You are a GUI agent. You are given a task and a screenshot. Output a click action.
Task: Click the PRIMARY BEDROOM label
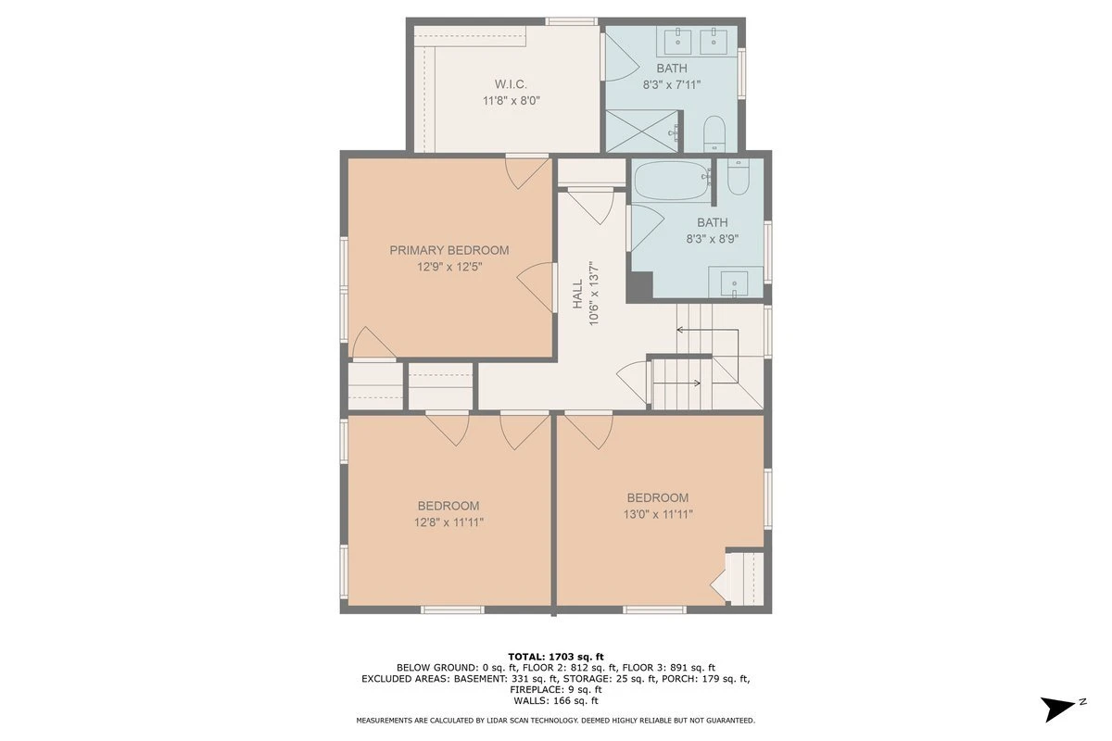pyautogui.click(x=449, y=250)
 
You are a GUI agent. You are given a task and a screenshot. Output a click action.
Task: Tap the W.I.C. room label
pyautogui.click(x=511, y=84)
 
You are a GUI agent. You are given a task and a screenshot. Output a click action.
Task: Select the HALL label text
pyautogui.click(x=578, y=294)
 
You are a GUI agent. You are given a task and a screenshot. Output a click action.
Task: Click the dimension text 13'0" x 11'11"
pyautogui.click(x=658, y=514)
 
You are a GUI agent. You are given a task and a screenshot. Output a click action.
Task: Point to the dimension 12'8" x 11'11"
pyautogui.click(x=449, y=522)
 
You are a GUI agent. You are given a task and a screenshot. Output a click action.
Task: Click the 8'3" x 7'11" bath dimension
pyautogui.click(x=672, y=85)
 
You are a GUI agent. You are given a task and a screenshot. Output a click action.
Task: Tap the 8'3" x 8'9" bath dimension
pyautogui.click(x=713, y=239)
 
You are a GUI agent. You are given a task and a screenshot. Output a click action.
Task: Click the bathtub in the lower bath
pyautogui.click(x=672, y=181)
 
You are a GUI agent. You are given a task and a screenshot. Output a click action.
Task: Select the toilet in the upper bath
pyautogui.click(x=714, y=134)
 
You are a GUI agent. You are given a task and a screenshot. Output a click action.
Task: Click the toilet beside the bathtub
pyautogui.click(x=738, y=177)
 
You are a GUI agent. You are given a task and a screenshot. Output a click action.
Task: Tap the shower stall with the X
pyautogui.click(x=642, y=131)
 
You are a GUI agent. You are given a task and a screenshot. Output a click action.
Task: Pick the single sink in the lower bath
pyautogui.click(x=734, y=283)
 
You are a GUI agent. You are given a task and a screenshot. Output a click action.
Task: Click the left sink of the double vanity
pyautogui.click(x=677, y=41)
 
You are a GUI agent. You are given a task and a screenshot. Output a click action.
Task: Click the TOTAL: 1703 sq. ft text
pyautogui.click(x=555, y=657)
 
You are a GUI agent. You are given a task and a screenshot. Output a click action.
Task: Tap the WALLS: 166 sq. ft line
pyautogui.click(x=555, y=701)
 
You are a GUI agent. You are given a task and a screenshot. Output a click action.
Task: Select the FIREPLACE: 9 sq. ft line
pyautogui.click(x=555, y=689)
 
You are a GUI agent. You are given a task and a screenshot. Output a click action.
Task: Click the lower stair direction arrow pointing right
pyautogui.click(x=676, y=383)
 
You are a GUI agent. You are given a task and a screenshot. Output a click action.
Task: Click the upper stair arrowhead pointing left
pyautogui.click(x=680, y=330)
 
